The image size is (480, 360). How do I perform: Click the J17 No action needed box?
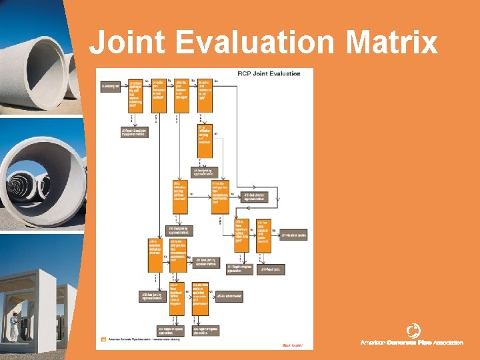[293, 235]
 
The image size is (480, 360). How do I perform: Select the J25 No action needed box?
[229, 295]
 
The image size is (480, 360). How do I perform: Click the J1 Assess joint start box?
[110, 86]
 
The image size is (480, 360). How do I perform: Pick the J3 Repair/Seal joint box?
[134, 132]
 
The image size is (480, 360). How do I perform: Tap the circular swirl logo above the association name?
[413, 330]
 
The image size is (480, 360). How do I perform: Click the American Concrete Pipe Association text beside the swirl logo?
[411, 343]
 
